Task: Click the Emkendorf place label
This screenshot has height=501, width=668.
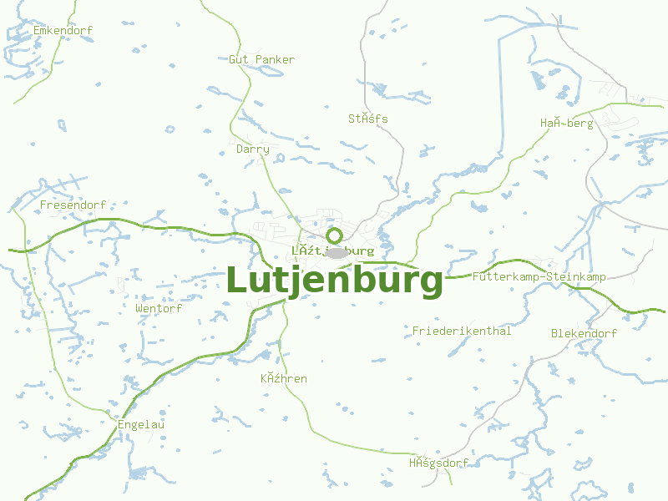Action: (63, 31)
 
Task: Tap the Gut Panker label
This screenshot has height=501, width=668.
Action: (262, 59)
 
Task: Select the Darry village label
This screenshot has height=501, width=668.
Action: (253, 149)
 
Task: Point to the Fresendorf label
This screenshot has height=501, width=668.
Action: (73, 205)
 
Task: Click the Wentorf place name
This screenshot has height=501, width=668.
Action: (159, 308)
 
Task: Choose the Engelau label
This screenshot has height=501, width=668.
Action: (141, 424)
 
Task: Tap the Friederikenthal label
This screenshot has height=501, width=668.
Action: (462, 331)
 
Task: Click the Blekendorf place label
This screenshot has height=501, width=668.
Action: (584, 333)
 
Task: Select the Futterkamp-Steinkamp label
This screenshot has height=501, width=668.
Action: (539, 276)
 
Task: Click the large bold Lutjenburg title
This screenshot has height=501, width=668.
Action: (335, 281)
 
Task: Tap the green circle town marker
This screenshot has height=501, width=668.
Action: (335, 235)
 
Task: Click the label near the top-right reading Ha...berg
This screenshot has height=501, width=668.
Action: (566, 124)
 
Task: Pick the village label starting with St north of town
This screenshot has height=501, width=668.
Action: (368, 119)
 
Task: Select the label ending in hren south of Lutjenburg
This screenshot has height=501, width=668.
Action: (284, 379)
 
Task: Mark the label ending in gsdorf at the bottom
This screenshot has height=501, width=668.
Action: (438, 463)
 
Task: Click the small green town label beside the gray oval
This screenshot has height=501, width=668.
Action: (333, 250)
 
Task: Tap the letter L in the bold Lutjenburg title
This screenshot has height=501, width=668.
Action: (239, 281)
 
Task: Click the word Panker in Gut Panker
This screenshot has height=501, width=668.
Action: (276, 59)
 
